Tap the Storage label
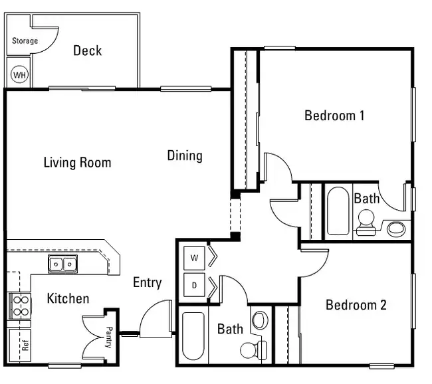click(25, 41)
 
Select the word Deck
click(87, 50)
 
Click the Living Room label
click(77, 162)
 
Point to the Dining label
click(185, 156)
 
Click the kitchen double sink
click(63, 264)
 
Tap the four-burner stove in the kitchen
click(19, 306)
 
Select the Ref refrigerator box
click(20, 345)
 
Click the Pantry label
click(109, 337)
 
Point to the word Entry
click(148, 283)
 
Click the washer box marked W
click(194, 258)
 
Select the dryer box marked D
click(194, 285)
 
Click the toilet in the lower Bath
click(254, 350)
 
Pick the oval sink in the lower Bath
click(260, 320)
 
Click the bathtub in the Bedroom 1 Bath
click(338, 211)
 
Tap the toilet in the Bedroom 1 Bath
click(366, 223)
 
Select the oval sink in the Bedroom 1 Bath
click(396, 229)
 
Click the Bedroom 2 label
click(356, 305)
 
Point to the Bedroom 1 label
click(334, 116)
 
